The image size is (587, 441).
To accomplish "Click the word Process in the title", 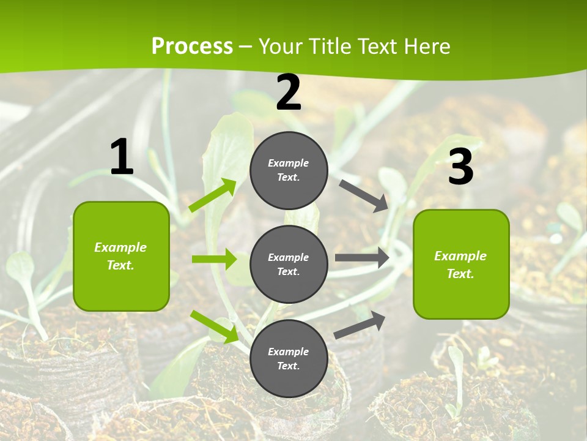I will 192,46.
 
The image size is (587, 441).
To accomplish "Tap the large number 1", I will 122,157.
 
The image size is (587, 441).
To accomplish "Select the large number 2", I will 289,92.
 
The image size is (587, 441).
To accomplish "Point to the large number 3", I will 460,167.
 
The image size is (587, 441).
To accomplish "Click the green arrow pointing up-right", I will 213,195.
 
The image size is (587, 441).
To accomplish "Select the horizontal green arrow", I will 214,259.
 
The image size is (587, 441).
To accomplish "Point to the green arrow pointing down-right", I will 214,326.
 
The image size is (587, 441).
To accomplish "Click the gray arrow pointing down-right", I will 364,195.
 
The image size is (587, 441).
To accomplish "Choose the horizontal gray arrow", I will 362,258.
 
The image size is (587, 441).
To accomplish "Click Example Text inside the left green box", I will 120,256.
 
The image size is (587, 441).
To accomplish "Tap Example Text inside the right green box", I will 460,265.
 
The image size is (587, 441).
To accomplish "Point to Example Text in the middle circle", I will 289,264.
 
